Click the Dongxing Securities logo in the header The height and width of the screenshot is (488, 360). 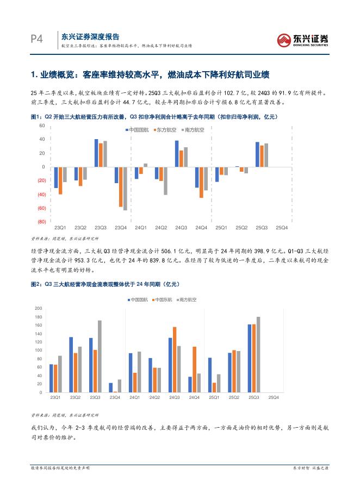[x=303, y=40]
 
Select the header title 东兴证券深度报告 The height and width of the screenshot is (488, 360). [x=90, y=36]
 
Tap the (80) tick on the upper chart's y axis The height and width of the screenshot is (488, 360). [x=41, y=222]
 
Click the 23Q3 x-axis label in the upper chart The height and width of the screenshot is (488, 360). [x=101, y=228]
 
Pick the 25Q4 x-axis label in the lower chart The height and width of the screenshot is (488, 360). [x=275, y=398]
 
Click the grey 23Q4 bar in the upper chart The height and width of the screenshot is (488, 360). [x=125, y=188]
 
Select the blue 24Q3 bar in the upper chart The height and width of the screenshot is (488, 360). [x=177, y=153]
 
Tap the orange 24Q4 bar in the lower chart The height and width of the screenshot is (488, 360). [x=194, y=370]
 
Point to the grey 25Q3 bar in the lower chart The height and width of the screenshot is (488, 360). [x=258, y=354]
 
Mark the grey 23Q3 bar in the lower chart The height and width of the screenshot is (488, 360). [x=100, y=356]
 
